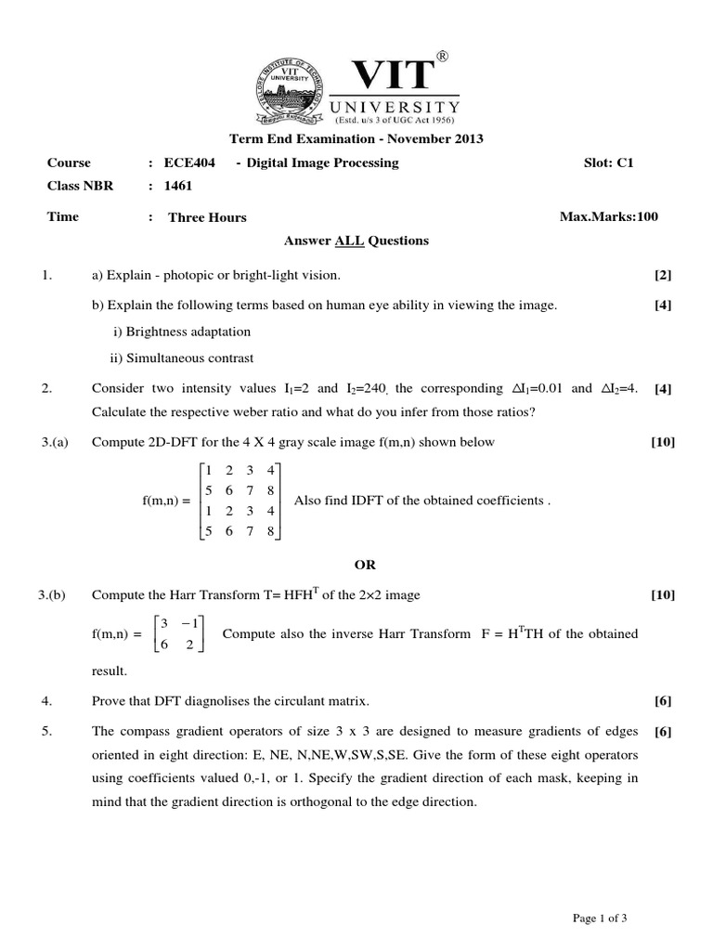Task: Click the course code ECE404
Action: coord(189,163)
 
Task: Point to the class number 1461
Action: coord(178,186)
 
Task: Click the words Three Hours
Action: coord(207,217)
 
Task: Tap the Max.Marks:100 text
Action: coord(608,217)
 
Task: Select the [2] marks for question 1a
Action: coord(662,276)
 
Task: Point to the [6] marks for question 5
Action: coord(662,731)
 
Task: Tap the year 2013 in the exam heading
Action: coord(464,139)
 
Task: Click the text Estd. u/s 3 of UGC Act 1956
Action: coord(395,121)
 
